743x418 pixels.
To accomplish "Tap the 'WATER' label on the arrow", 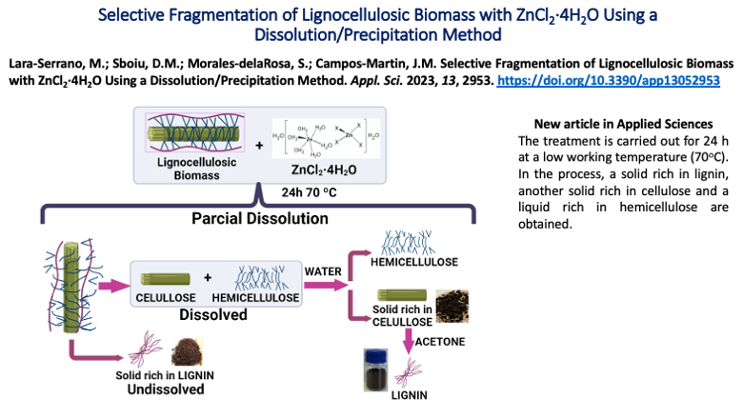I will [323, 270].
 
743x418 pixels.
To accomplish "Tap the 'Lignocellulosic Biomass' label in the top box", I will [197, 169].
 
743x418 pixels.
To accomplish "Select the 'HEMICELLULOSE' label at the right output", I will [420, 262].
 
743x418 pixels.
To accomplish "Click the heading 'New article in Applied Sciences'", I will [623, 125].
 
